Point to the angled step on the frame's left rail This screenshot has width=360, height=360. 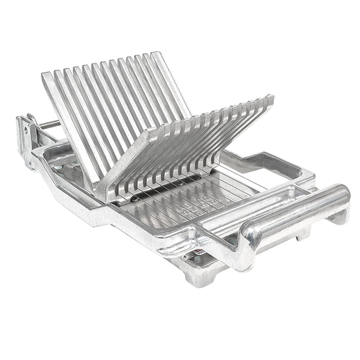pyautogui.click(x=90, y=204)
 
